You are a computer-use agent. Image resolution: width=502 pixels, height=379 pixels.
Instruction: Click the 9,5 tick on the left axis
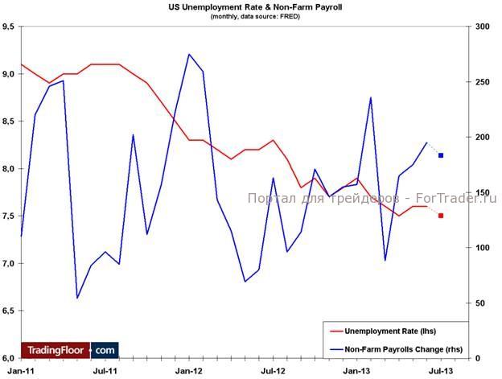click(10, 27)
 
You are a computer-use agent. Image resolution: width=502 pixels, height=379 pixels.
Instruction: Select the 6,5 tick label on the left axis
click(10, 311)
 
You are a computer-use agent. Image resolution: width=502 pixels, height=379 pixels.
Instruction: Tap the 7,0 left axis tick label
click(10, 263)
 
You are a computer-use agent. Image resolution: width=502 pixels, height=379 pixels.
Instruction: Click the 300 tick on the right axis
click(483, 27)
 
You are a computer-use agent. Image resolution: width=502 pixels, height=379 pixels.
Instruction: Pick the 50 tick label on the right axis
click(480, 303)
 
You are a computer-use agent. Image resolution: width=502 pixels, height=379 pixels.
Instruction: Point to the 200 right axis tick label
click(483, 138)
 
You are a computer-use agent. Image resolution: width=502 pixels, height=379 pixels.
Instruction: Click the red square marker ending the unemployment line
click(441, 216)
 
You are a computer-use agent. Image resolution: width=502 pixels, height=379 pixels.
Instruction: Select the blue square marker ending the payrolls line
click(441, 155)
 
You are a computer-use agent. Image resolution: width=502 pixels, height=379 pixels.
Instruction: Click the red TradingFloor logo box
click(56, 350)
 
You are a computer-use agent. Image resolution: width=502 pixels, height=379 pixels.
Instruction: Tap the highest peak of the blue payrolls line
click(189, 55)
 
